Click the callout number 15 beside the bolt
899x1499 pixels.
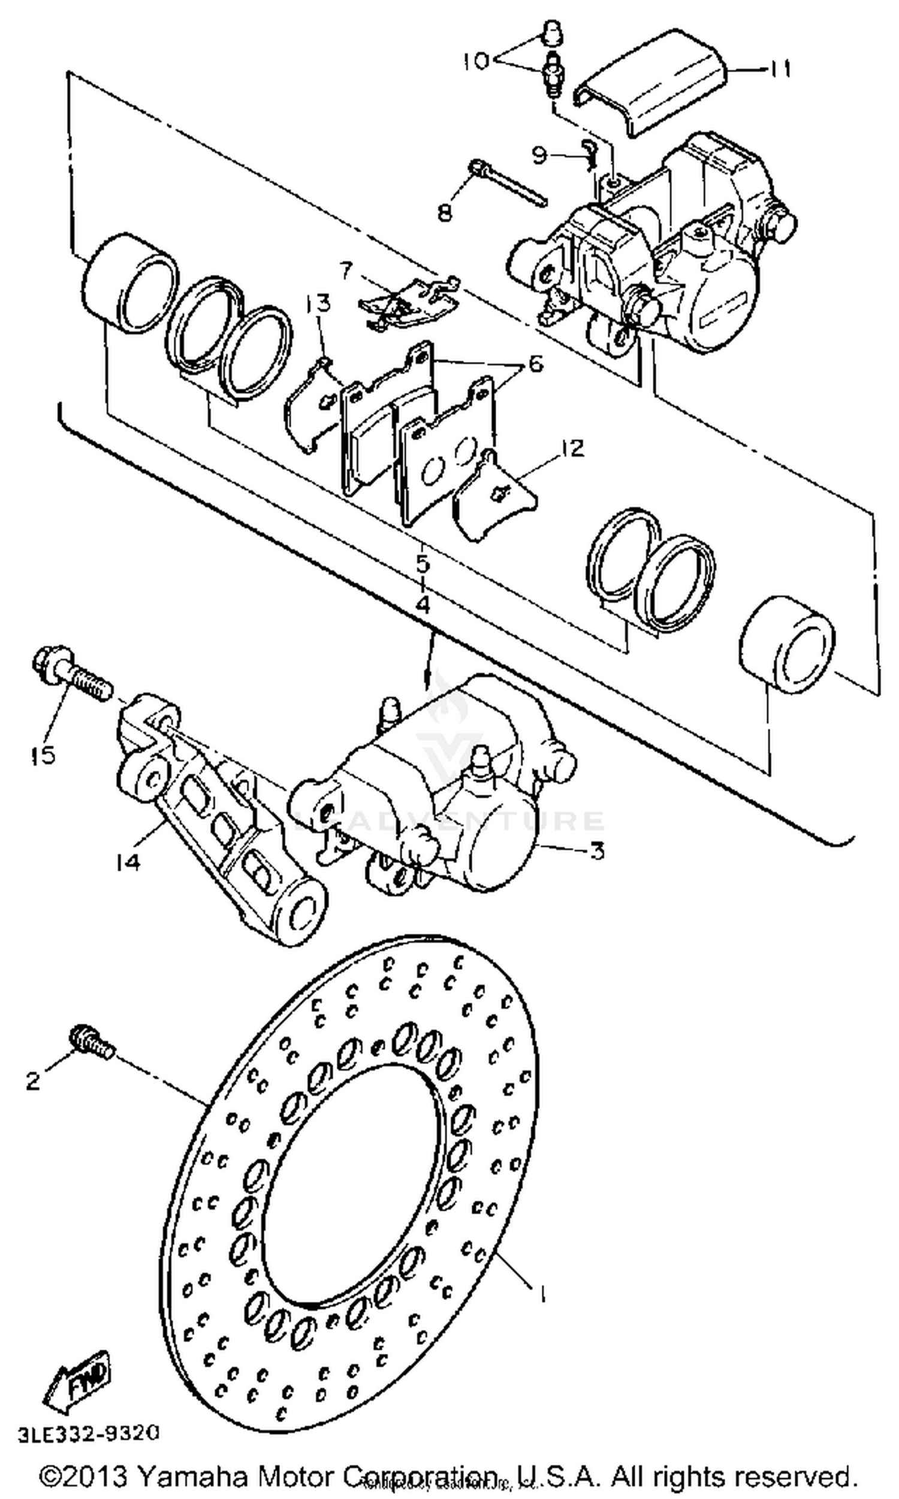43,755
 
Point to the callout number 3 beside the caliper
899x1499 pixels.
597,852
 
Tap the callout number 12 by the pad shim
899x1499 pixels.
571,449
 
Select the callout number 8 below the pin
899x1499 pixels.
445,212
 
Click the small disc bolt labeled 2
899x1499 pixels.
92,1041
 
